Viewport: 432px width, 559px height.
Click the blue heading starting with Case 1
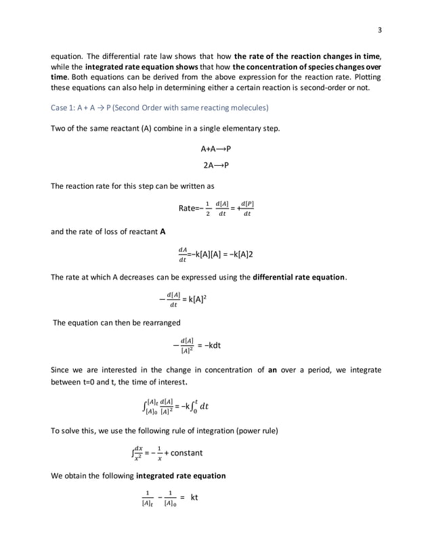(x=159, y=108)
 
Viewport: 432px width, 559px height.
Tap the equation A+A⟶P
(x=216, y=148)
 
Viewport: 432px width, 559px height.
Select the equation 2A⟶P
(x=216, y=165)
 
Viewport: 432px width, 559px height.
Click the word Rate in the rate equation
(x=188, y=208)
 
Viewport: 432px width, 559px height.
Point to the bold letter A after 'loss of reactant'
(x=163, y=231)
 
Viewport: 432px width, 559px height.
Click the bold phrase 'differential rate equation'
(x=299, y=276)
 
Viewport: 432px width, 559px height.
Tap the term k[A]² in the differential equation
(x=192, y=298)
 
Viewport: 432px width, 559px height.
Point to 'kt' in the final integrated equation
(x=194, y=498)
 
